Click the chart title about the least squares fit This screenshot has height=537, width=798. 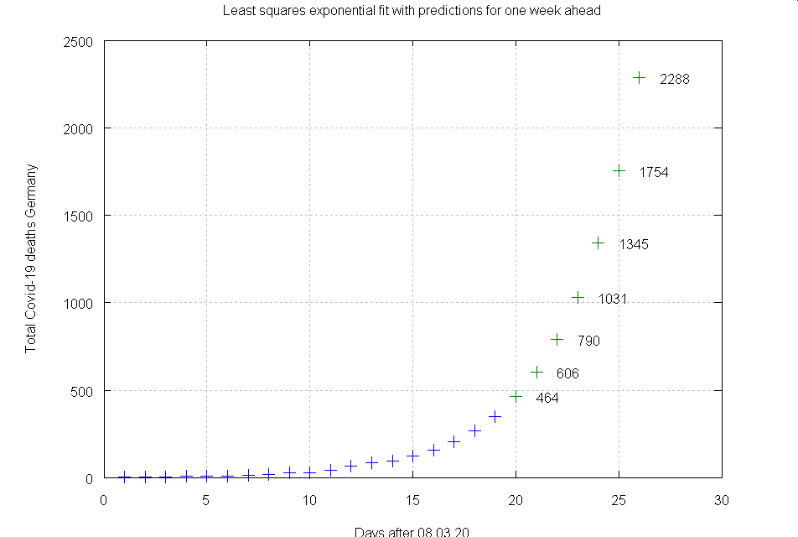pyautogui.click(x=412, y=12)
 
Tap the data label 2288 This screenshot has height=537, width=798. pyautogui.click(x=675, y=80)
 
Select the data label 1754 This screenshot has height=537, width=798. pyautogui.click(x=654, y=173)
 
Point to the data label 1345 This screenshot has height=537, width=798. pyautogui.click(x=634, y=245)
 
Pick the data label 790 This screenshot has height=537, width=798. pyautogui.click(x=588, y=341)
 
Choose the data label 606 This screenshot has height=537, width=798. pyautogui.click(x=567, y=374)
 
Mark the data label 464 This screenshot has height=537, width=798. pyautogui.click(x=547, y=399)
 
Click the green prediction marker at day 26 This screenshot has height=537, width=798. pyautogui.click(x=640, y=77)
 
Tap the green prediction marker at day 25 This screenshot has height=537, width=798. pyautogui.click(x=619, y=170)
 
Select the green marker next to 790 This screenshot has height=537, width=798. pyautogui.click(x=557, y=339)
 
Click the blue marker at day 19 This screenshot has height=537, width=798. pyautogui.click(x=495, y=416)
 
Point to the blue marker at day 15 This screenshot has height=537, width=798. pyautogui.click(x=412, y=456)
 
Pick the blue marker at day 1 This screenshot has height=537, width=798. pyautogui.click(x=124, y=477)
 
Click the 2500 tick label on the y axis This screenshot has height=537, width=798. pyautogui.click(x=78, y=41)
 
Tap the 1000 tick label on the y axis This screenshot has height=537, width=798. pyautogui.click(x=78, y=303)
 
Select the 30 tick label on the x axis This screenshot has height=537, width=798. pyautogui.click(x=722, y=501)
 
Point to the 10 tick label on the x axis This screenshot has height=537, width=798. pyautogui.click(x=310, y=501)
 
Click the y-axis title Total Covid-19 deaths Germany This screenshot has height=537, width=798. pyautogui.click(x=31, y=258)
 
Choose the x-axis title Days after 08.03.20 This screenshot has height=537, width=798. pyautogui.click(x=411, y=531)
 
